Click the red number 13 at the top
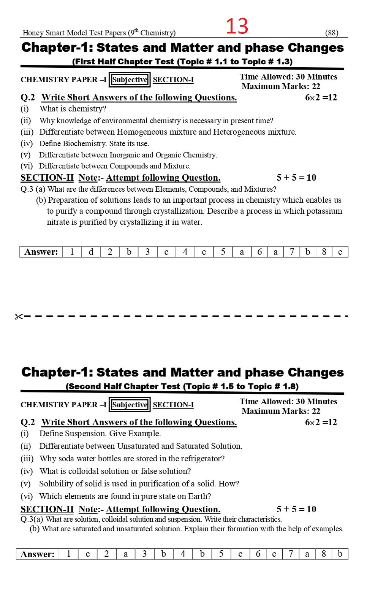(237, 26)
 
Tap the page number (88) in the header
(332, 33)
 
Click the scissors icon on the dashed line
(19, 316)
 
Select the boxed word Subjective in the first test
(130, 79)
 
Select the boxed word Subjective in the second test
(130, 405)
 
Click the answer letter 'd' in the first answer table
(91, 252)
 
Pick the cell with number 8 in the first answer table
(324, 252)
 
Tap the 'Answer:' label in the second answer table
(38, 554)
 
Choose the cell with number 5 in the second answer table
(221, 554)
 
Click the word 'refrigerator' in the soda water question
(201, 459)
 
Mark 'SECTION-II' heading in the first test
(47, 178)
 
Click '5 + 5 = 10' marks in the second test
(296, 509)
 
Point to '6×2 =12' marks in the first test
(321, 97)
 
